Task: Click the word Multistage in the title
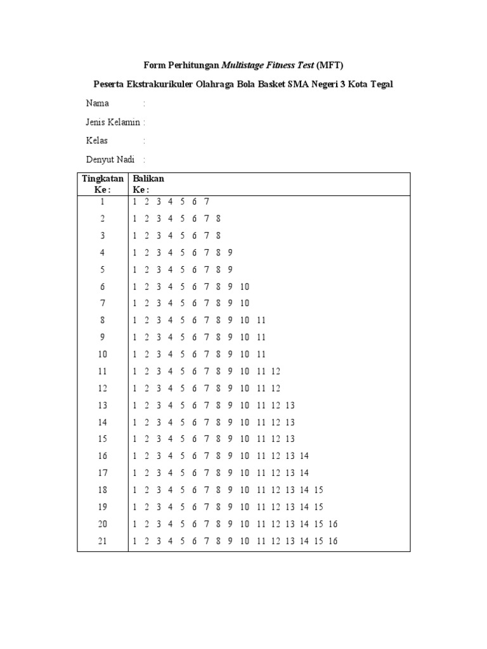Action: (244, 65)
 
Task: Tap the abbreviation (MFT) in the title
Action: (330, 65)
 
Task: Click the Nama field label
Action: (97, 103)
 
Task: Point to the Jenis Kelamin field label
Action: (114, 122)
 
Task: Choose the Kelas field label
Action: (97, 141)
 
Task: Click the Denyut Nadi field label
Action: (110, 160)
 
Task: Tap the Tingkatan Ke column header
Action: (103, 184)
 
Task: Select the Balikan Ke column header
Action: (148, 184)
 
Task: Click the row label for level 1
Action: (103, 202)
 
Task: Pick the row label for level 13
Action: (103, 405)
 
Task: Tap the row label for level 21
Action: (103, 541)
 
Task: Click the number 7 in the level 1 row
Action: (207, 202)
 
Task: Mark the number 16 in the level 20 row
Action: (334, 524)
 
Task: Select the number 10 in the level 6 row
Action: (245, 286)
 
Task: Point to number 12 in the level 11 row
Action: (275, 371)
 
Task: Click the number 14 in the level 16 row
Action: (304, 456)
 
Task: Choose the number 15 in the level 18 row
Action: (319, 490)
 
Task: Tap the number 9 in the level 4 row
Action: (230, 252)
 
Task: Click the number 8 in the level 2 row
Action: (218, 219)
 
